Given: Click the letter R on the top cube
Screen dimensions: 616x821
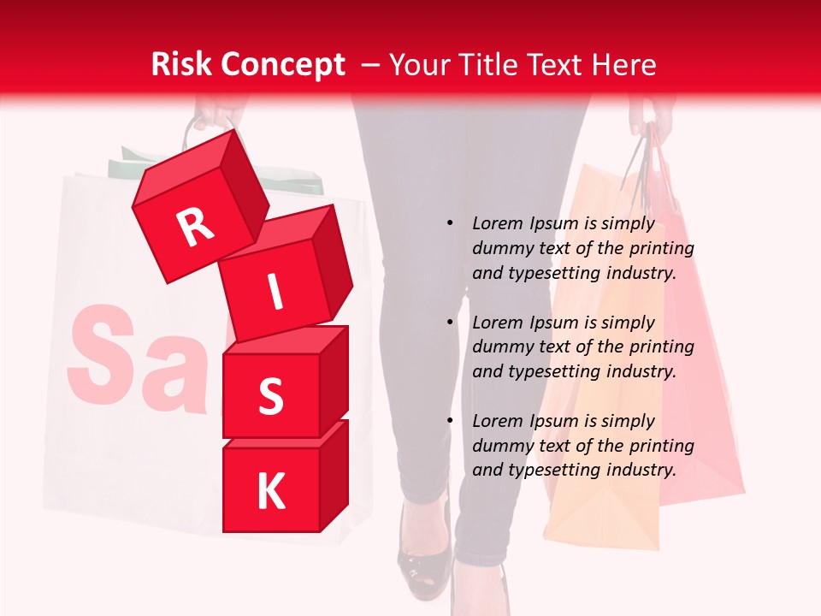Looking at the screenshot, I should click(x=195, y=227).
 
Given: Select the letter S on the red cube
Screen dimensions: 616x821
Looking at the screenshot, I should click(x=270, y=396).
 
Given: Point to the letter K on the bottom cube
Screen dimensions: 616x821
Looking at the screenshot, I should click(x=270, y=491).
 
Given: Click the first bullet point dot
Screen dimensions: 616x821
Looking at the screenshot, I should click(x=450, y=223).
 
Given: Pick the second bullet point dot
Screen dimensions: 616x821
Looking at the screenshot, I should click(x=450, y=323).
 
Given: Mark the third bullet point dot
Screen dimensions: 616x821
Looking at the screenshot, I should click(x=450, y=421).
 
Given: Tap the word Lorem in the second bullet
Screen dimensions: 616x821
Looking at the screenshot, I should click(x=497, y=323).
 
